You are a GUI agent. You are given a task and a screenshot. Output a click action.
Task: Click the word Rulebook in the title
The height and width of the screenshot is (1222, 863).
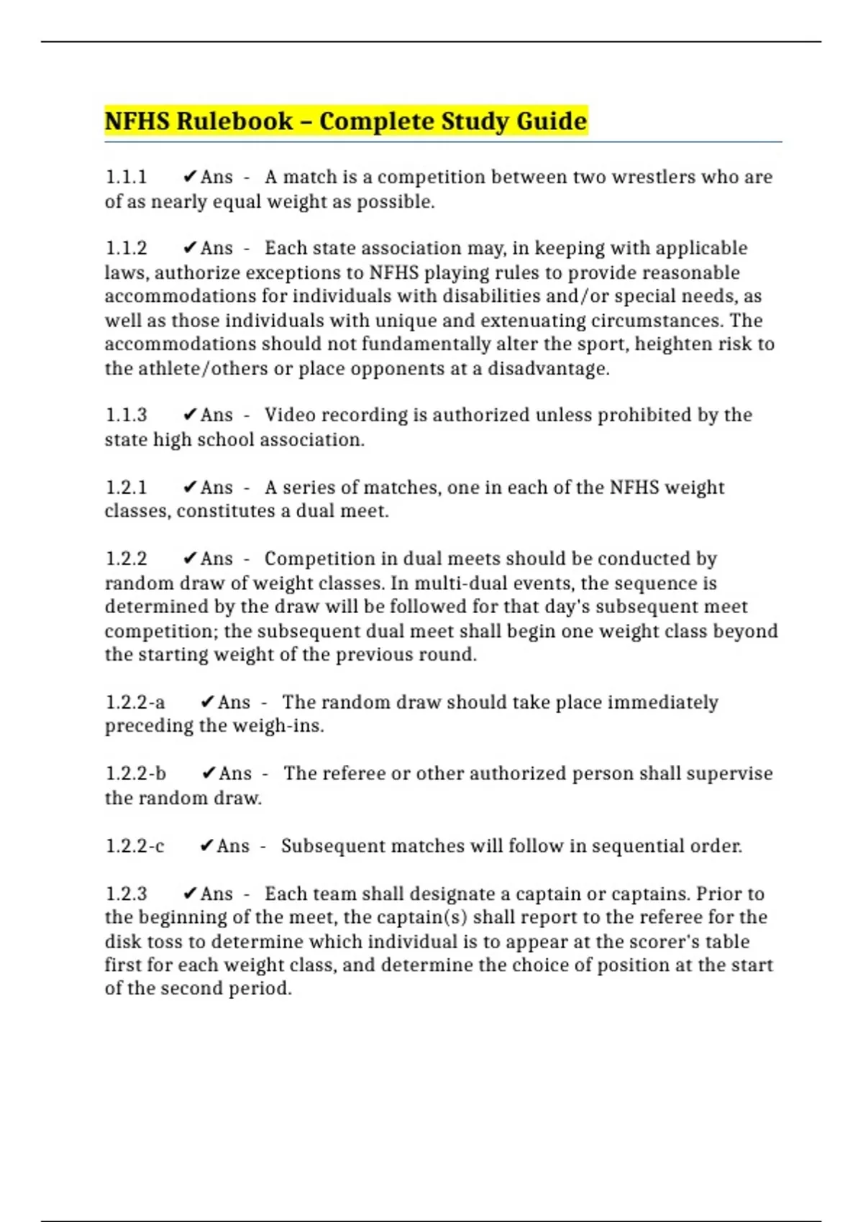click(x=234, y=121)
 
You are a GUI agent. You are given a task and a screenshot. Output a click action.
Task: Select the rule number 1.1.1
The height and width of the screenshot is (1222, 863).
click(x=126, y=177)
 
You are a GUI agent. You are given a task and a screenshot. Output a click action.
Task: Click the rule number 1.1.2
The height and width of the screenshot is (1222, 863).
click(x=126, y=248)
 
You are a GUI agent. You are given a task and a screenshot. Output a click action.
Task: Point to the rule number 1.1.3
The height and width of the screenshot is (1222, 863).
click(x=126, y=415)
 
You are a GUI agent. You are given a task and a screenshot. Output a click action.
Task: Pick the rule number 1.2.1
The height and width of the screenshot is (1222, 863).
click(x=126, y=487)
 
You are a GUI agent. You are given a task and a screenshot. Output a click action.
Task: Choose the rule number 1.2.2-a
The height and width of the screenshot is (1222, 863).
click(x=135, y=702)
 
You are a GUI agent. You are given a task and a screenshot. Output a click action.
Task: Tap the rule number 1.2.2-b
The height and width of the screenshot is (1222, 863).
click(x=136, y=773)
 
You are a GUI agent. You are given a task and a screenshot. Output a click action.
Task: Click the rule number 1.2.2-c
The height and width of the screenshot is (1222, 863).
click(x=135, y=846)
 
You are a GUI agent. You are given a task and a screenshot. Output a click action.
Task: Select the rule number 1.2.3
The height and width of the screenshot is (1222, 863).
click(x=126, y=894)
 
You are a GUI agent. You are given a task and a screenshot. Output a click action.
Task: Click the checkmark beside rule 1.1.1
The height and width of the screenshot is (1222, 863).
click(x=190, y=177)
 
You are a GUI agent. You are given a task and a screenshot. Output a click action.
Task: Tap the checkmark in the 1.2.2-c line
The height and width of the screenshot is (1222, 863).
click(x=206, y=846)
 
